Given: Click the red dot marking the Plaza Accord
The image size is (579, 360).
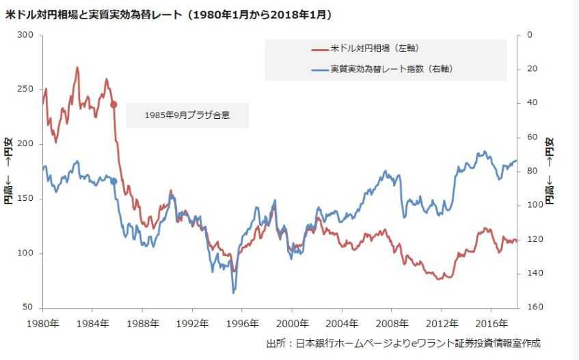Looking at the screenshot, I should click(x=113, y=105).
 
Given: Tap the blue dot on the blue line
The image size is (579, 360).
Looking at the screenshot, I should click(x=113, y=181).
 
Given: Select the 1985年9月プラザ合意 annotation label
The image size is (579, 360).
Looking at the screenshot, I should click(x=187, y=115).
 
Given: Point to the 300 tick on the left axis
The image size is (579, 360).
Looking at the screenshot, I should click(x=25, y=35).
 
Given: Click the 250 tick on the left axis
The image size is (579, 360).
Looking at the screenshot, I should click(x=25, y=89).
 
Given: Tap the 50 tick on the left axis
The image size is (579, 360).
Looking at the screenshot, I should click(x=27, y=308).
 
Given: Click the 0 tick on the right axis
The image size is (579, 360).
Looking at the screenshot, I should click(x=529, y=35).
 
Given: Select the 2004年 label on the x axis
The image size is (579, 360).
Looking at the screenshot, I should click(x=342, y=323).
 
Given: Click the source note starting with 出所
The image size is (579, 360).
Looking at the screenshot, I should click(x=407, y=343).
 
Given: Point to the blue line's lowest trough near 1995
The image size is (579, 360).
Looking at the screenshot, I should click(x=234, y=292).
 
